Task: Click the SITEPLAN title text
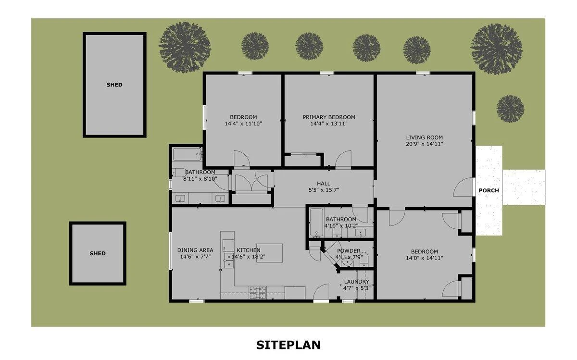coord(288,345)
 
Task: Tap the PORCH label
coord(489,190)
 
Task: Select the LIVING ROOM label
coord(424,137)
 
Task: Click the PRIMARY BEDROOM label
coord(329,117)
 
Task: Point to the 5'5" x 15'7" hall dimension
coord(324,190)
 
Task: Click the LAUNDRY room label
coord(356,282)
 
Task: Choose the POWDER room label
coord(349,251)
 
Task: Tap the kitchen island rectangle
coord(269,253)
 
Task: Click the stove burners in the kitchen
coord(257,293)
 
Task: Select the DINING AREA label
coord(195,250)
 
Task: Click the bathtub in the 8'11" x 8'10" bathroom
coord(187,154)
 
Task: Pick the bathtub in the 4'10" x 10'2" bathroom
coord(316,223)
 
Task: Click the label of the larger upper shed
coord(114,85)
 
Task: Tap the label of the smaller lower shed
coord(98,253)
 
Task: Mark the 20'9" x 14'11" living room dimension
coord(424,144)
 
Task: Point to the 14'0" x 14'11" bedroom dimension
coord(424,258)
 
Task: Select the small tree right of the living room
coord(510,109)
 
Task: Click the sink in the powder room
coord(348,262)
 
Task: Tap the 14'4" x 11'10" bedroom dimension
coord(243,124)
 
